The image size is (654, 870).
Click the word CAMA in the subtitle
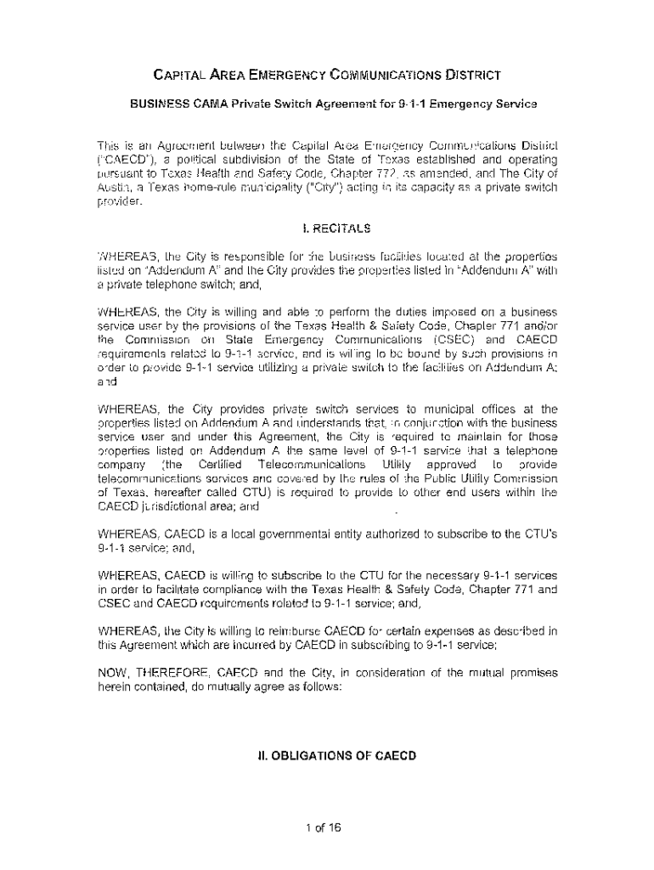tap(198, 105)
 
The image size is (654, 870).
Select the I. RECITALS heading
tap(327, 228)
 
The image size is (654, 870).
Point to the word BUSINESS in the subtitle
tap(154, 105)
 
